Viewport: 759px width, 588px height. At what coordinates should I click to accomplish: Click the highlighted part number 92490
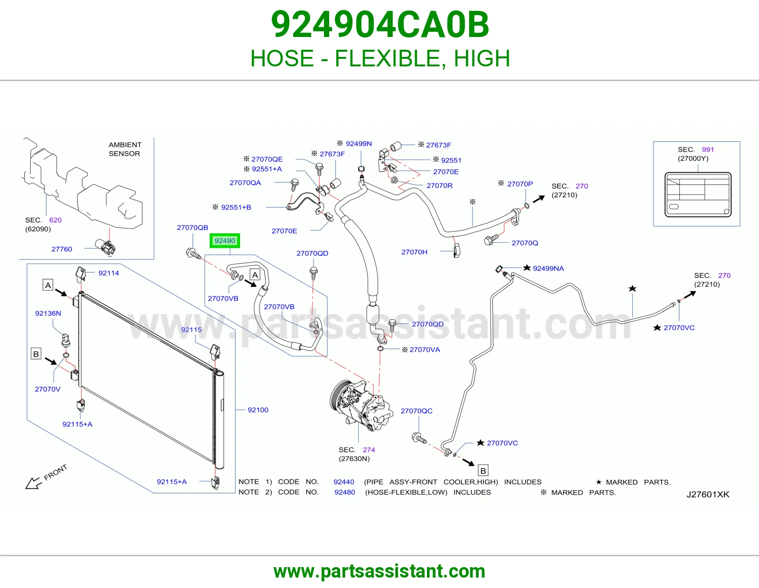(224, 240)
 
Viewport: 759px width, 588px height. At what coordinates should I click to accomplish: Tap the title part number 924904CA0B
(379, 25)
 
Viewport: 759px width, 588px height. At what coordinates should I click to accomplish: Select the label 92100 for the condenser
(258, 410)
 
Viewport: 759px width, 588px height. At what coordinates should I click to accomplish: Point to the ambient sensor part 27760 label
(62, 249)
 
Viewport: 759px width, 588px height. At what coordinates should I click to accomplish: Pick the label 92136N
(48, 313)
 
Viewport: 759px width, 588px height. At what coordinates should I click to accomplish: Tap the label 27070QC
(417, 411)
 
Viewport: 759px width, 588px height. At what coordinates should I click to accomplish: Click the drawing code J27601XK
(708, 495)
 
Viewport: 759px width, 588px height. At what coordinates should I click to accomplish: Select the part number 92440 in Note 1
(344, 482)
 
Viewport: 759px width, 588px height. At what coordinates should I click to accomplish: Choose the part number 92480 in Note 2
(344, 492)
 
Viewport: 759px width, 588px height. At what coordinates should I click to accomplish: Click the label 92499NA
(548, 268)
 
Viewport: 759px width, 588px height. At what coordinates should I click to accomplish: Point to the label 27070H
(414, 252)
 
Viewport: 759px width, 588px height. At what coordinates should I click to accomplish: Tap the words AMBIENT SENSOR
(125, 149)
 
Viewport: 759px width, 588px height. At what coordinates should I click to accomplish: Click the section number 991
(708, 149)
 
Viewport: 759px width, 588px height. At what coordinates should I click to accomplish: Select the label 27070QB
(193, 228)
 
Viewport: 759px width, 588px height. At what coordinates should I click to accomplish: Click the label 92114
(109, 273)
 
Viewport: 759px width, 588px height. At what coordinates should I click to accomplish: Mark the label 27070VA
(425, 349)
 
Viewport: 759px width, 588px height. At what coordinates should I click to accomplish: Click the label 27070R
(439, 185)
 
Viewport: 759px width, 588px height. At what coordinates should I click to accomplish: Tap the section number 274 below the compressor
(369, 450)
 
